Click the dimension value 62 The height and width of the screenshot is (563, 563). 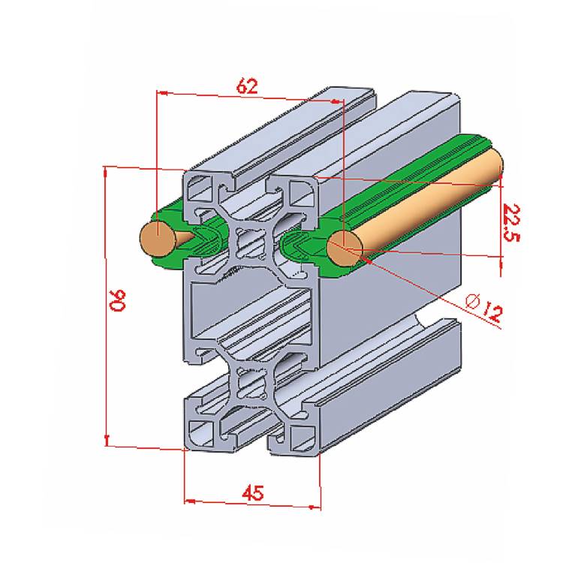[247, 86]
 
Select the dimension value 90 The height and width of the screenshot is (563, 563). [118, 300]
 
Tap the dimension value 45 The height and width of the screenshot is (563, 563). [253, 493]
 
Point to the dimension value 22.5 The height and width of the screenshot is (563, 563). [511, 223]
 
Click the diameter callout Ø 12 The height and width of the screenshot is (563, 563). [483, 307]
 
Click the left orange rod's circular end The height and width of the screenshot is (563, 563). [158, 239]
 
